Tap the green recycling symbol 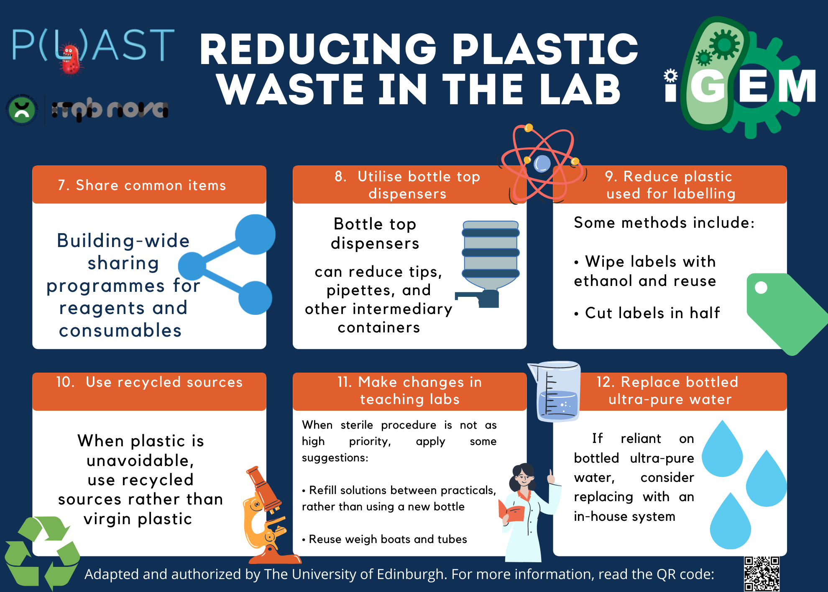coord(42,553)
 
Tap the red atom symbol coord(542,163)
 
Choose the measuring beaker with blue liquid coord(555,391)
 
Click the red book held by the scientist coord(511,512)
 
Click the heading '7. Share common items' coord(142,185)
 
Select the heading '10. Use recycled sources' coord(149,382)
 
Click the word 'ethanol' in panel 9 coord(603,281)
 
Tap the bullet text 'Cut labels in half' coord(652,313)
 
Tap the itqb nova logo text coord(110,110)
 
